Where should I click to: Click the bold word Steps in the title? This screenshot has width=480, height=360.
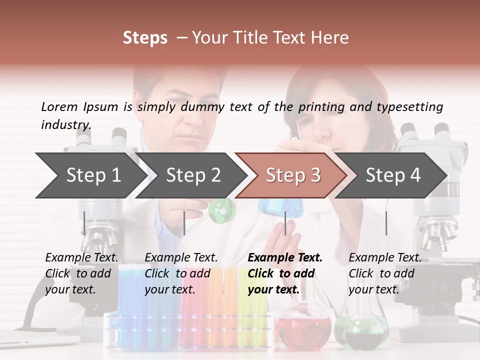(x=145, y=38)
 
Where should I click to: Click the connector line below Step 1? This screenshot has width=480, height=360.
(x=84, y=223)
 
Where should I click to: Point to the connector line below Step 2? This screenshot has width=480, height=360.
(x=184, y=223)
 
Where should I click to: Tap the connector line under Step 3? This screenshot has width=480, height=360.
(x=285, y=223)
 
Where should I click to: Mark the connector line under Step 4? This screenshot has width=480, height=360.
(x=386, y=223)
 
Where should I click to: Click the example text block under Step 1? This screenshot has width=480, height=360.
(x=81, y=273)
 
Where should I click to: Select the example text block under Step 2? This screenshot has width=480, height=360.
(x=181, y=273)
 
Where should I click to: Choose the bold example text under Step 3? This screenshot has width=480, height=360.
(x=285, y=273)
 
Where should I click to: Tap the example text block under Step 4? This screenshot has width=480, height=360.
(x=385, y=273)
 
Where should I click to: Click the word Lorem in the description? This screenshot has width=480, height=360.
(x=59, y=107)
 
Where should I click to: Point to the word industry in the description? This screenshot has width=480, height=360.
(x=66, y=125)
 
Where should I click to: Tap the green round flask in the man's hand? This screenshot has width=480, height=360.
(x=221, y=210)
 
